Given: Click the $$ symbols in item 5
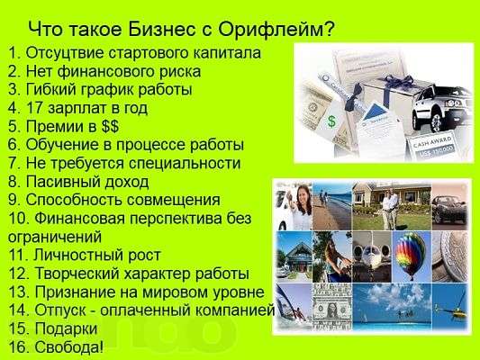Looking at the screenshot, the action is coord(109,126).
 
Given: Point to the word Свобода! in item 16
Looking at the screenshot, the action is coord(69,346).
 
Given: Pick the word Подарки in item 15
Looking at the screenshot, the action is coord(66,328).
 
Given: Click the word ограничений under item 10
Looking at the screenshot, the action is coord(55,237).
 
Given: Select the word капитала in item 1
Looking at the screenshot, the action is coord(228,53).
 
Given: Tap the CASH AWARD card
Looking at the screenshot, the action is coord(431,146).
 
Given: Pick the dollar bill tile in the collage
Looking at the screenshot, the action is coord(332,307).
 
